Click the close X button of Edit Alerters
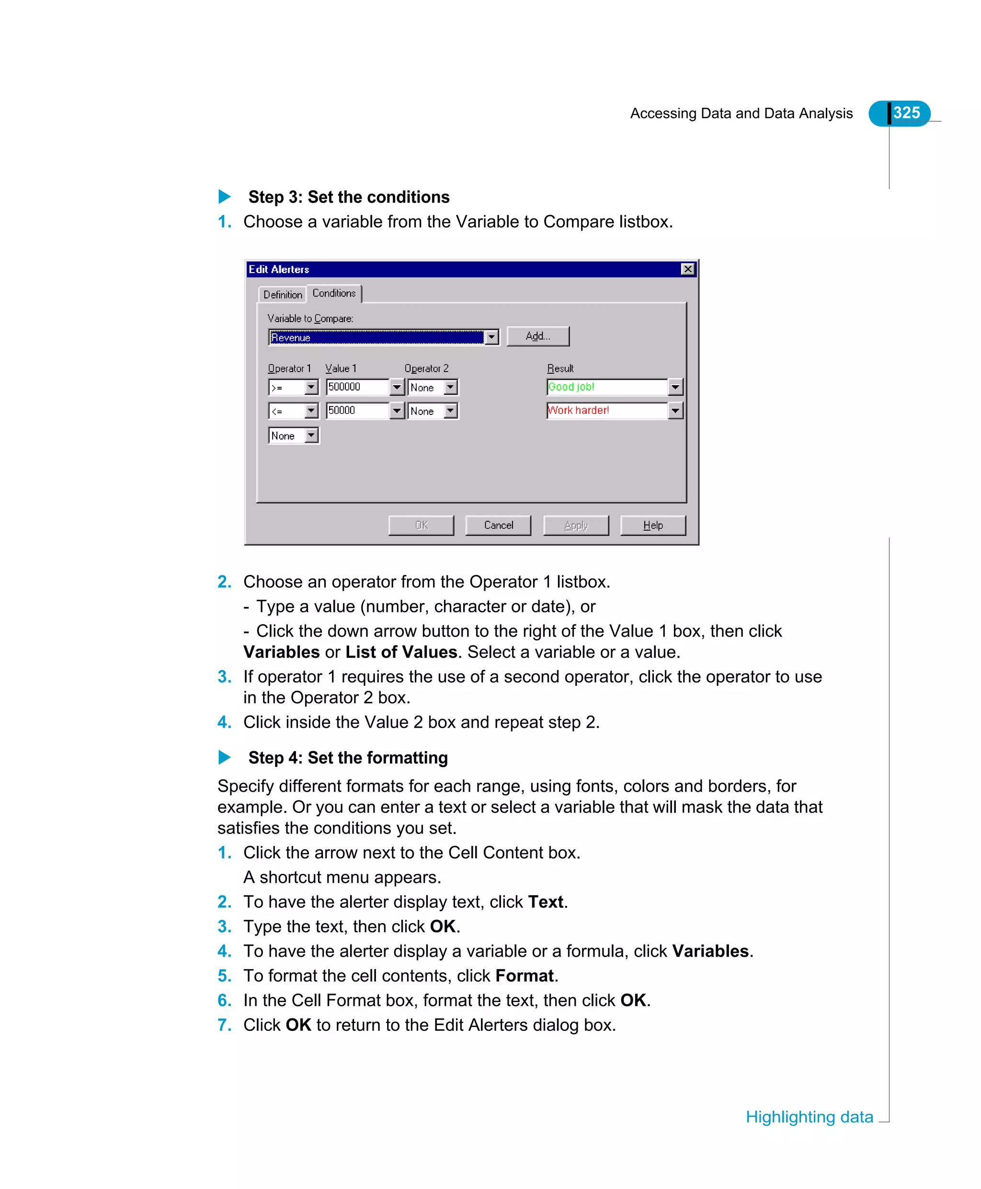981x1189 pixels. (687, 269)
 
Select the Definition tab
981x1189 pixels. (283, 295)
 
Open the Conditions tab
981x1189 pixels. (334, 293)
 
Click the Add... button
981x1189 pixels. (537, 336)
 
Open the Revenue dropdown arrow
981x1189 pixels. (491, 337)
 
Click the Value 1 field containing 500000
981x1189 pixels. (357, 387)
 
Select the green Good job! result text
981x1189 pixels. (571, 387)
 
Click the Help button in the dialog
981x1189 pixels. (653, 525)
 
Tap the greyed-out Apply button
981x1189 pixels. (576, 525)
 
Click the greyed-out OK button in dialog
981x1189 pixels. (422, 525)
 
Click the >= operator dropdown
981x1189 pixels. (293, 388)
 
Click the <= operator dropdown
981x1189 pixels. (293, 412)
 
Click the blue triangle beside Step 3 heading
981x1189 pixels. (224, 197)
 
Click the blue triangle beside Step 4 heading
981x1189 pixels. (224, 757)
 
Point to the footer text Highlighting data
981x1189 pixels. (809, 1117)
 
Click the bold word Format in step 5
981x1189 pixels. (525, 975)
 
